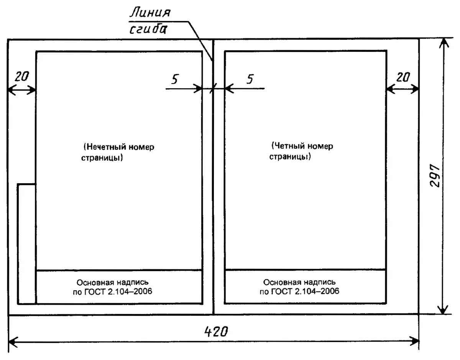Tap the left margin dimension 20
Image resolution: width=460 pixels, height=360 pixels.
(21, 77)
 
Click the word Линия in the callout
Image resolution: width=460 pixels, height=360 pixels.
(150, 13)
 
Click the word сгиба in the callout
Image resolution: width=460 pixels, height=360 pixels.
(148, 30)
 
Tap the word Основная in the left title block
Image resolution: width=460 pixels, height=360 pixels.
(94, 283)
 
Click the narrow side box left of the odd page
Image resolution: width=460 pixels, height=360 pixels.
(26, 244)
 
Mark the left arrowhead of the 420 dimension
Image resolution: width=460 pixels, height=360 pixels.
(13, 340)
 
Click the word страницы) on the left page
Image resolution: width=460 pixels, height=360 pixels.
(102, 158)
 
